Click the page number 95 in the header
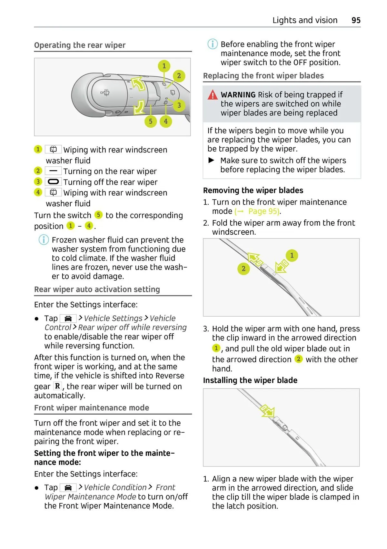tap(356, 20)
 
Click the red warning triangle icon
tap(213, 95)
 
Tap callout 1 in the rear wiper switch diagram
tap(164, 66)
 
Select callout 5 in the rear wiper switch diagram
tap(151, 121)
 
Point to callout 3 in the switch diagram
tap(179, 105)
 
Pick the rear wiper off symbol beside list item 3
tap(53, 182)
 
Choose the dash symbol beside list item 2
tap(53, 171)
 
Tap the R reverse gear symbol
tap(57, 386)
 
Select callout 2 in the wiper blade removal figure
tap(243, 269)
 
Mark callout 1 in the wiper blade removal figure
tap(292, 255)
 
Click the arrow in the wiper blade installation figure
tap(267, 411)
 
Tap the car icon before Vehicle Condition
tap(68, 487)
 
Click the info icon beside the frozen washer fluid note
tap(44, 240)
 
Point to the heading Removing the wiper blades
tap(253, 191)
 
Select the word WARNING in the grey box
tap(238, 95)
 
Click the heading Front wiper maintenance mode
tap(92, 408)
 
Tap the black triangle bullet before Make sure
tap(212, 160)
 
